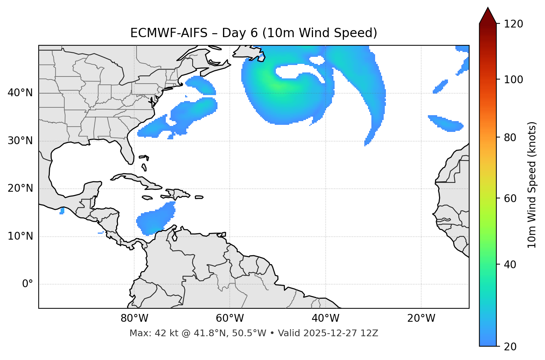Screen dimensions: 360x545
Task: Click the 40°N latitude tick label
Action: (20, 93)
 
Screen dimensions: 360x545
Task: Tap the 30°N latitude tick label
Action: (20, 141)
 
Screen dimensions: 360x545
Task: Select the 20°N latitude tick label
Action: (20, 189)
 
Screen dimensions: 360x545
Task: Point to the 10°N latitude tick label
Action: (20, 236)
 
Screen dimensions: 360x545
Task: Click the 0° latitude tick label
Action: (28, 284)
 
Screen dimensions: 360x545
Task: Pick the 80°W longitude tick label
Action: (134, 318)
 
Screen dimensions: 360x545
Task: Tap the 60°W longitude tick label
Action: (230, 318)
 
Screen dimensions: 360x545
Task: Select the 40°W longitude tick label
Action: (325, 318)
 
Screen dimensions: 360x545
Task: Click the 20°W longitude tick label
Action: (421, 318)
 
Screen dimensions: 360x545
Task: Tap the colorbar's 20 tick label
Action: (510, 347)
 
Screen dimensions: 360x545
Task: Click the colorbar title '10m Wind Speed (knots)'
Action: (532, 185)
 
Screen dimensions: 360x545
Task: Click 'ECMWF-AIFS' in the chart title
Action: (169, 33)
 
